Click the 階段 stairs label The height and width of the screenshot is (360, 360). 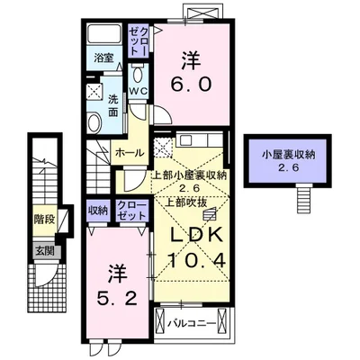point(43,219)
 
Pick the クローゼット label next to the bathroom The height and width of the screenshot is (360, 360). point(139,41)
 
